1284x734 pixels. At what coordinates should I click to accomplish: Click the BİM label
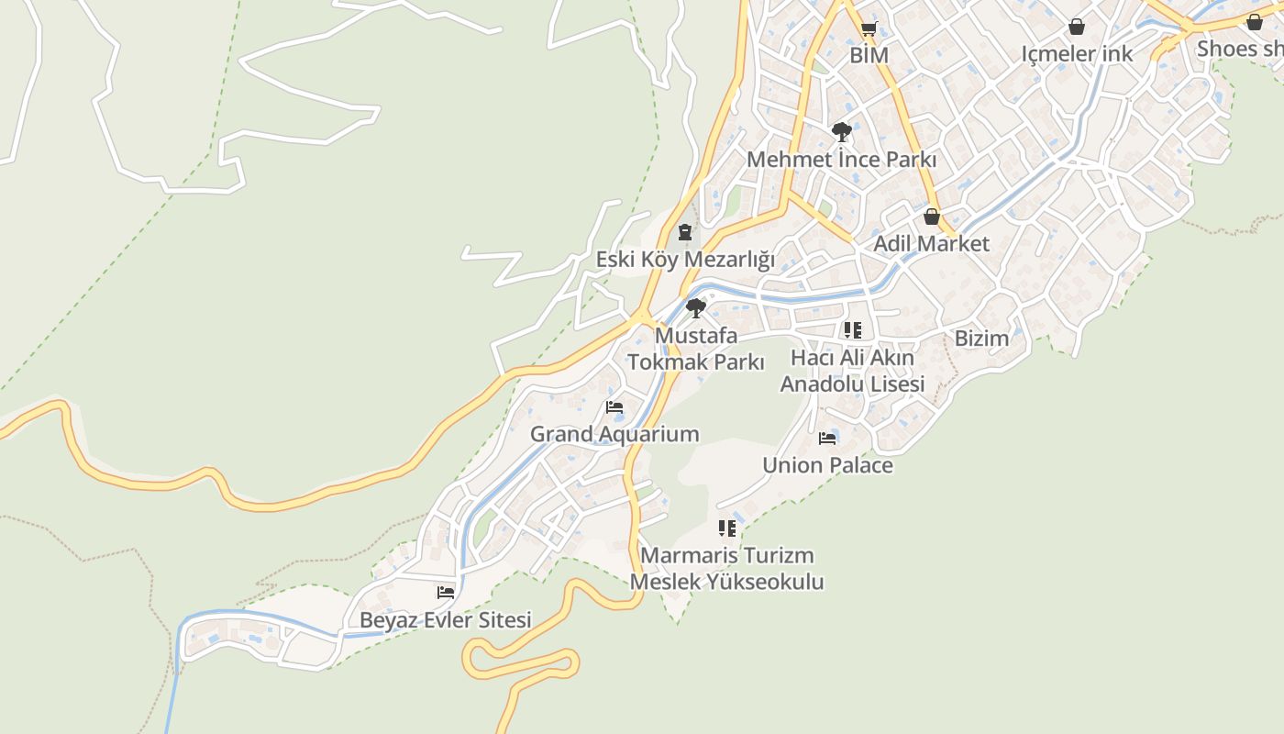point(869,55)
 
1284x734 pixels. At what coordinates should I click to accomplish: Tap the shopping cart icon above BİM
point(869,28)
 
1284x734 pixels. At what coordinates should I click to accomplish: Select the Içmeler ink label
point(1077,54)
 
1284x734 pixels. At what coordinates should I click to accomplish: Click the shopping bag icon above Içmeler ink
point(1077,27)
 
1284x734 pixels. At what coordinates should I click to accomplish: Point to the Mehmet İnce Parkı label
point(841,160)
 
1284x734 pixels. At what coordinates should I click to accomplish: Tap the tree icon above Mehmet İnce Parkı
point(841,132)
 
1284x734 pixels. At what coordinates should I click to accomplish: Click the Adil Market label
point(931,244)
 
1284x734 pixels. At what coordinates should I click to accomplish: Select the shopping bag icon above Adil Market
point(931,217)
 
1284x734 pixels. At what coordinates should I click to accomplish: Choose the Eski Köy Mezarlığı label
point(685,260)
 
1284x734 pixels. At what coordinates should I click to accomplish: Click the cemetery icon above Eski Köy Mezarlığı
point(685,232)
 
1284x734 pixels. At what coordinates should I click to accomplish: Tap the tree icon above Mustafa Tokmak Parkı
point(696,307)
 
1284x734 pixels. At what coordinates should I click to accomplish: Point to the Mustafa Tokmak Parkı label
point(696,349)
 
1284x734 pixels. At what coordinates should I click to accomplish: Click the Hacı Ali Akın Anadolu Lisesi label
point(852,371)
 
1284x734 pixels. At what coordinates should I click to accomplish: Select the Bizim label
point(981,339)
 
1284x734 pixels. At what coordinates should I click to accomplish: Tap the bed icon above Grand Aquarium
point(614,407)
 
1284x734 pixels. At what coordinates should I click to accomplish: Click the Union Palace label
point(827,465)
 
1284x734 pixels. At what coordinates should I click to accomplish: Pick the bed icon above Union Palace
point(827,439)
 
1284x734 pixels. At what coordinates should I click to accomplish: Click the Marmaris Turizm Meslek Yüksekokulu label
point(726,568)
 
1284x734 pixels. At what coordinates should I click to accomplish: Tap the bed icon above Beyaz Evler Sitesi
point(446,593)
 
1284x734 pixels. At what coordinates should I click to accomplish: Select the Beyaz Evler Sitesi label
point(445,620)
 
